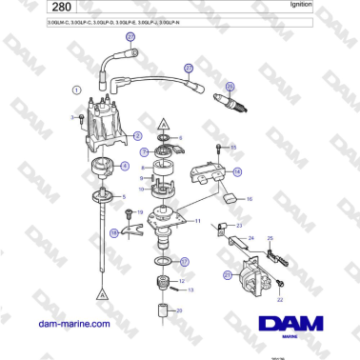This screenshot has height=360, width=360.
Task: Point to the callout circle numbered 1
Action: click(76, 90)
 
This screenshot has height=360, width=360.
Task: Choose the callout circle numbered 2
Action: click(138, 136)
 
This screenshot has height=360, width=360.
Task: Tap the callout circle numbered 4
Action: click(124, 166)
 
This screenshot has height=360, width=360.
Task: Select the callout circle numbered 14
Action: click(237, 171)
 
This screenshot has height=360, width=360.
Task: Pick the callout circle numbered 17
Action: click(185, 260)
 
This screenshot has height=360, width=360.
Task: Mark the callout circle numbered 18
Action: click(114, 231)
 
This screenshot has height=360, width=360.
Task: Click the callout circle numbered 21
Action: click(228, 275)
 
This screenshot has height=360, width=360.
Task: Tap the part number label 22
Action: click(280, 299)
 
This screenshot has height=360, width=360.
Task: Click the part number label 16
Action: click(250, 200)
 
